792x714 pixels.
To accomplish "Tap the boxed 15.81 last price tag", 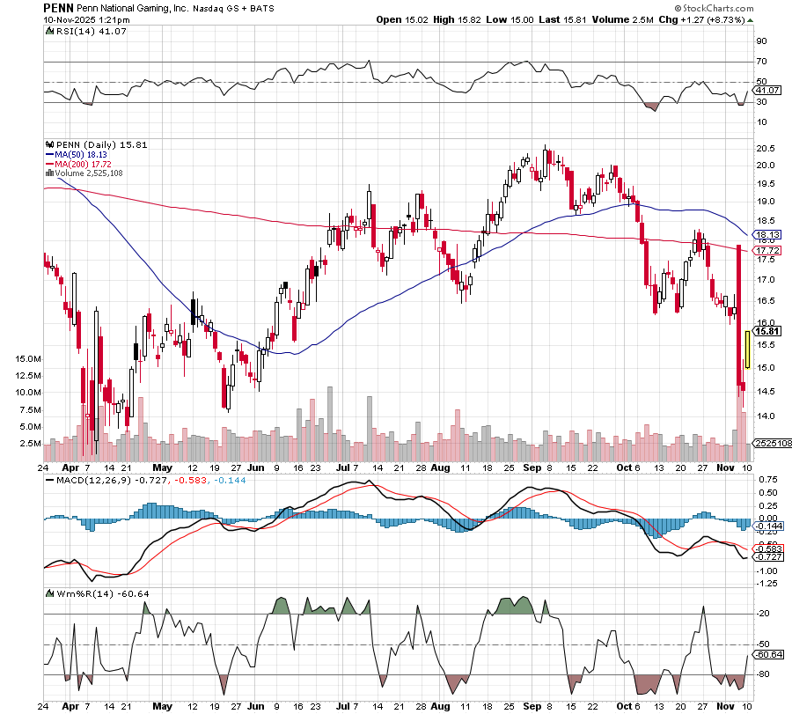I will pos(768,331).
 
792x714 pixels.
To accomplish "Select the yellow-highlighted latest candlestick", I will pos(746,350).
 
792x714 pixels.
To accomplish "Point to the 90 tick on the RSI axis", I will pos(761,40).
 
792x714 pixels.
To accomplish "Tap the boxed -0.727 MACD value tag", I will pos(768,556).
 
